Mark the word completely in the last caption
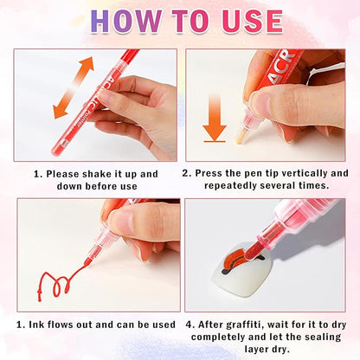[x=232, y=337]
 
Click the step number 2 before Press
[x=189, y=173]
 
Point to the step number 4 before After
[x=188, y=325]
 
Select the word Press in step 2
[x=213, y=173]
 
